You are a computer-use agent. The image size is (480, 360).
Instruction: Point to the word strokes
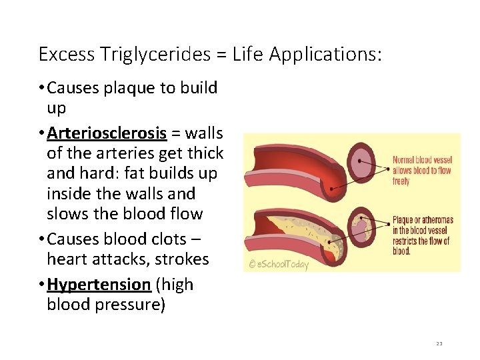[x=183, y=259]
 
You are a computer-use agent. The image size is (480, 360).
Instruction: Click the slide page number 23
[x=439, y=343]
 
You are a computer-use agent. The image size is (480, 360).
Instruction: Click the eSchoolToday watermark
[x=279, y=265]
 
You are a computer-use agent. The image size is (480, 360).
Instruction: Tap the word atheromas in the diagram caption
[x=437, y=220]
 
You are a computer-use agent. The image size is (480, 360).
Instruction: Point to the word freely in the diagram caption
[x=401, y=181]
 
